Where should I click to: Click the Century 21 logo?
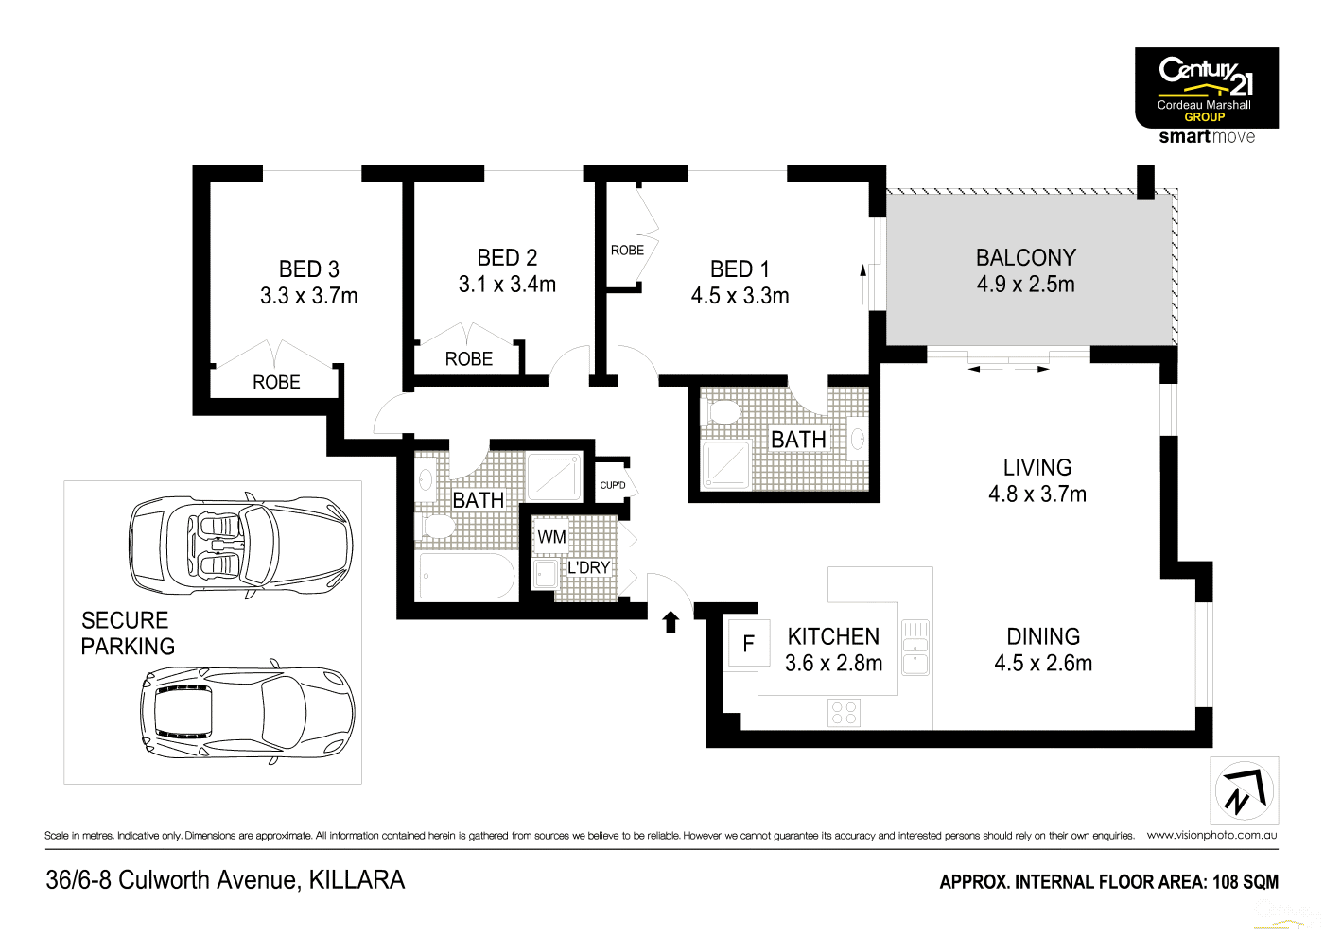(1207, 87)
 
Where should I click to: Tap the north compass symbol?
(1245, 790)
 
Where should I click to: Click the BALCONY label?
(1026, 258)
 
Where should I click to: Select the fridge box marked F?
(748, 644)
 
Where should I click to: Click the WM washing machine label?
(551, 537)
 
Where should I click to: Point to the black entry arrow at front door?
(671, 621)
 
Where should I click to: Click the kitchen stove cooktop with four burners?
(844, 712)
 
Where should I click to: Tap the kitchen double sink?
(915, 648)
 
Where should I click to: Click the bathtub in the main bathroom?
(466, 576)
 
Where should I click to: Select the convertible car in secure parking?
(241, 546)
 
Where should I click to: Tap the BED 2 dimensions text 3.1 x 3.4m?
(507, 285)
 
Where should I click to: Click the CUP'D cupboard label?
(613, 485)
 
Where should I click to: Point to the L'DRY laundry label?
(588, 567)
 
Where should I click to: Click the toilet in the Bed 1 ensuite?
(724, 412)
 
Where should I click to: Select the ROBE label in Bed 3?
(276, 382)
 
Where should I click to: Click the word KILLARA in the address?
(357, 880)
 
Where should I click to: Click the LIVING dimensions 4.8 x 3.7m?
(1037, 494)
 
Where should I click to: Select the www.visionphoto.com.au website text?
(1211, 835)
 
